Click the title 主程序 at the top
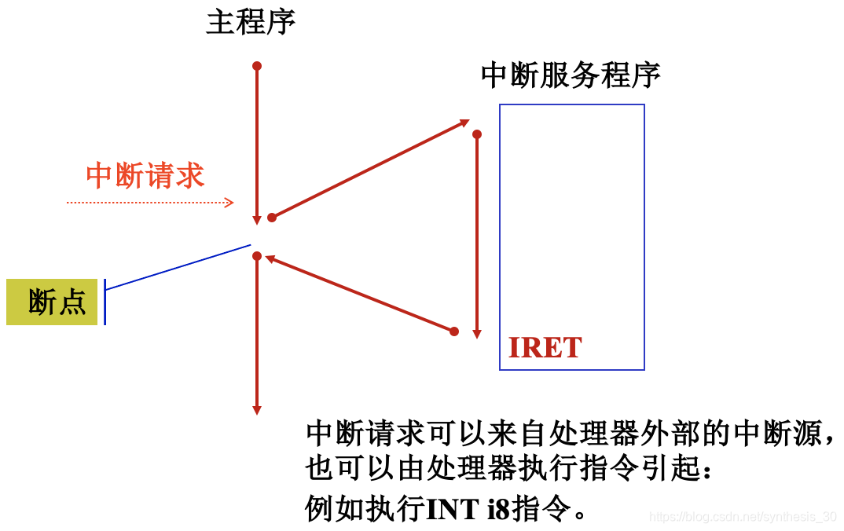point(251,23)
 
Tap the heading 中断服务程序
point(571,75)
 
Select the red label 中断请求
point(145,175)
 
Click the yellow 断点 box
point(52,302)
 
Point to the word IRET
point(545,347)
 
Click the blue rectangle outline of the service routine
point(644,236)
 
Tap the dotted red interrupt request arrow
point(149,203)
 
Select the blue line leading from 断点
point(177,268)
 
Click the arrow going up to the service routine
point(369,169)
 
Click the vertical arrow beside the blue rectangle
point(477,236)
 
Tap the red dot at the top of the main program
point(257,66)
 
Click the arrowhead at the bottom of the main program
point(256,409)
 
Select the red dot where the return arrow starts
point(454,331)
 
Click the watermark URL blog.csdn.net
point(743,517)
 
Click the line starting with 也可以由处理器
point(511,470)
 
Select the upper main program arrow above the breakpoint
point(257,141)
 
